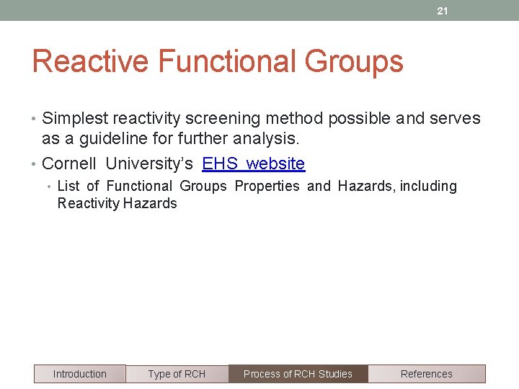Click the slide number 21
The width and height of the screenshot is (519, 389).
(x=443, y=11)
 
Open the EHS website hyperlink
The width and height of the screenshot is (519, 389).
(x=254, y=164)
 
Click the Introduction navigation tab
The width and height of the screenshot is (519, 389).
(x=79, y=374)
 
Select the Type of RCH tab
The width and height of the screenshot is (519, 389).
(x=177, y=374)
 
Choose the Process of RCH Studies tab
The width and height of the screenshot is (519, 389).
(x=298, y=374)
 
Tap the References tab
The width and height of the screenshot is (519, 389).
(x=426, y=374)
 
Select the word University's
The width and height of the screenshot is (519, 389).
(x=149, y=164)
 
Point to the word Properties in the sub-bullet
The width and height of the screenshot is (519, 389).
(x=267, y=186)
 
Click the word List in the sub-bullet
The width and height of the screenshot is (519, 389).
(x=68, y=186)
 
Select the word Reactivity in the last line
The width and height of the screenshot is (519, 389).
(x=88, y=203)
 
